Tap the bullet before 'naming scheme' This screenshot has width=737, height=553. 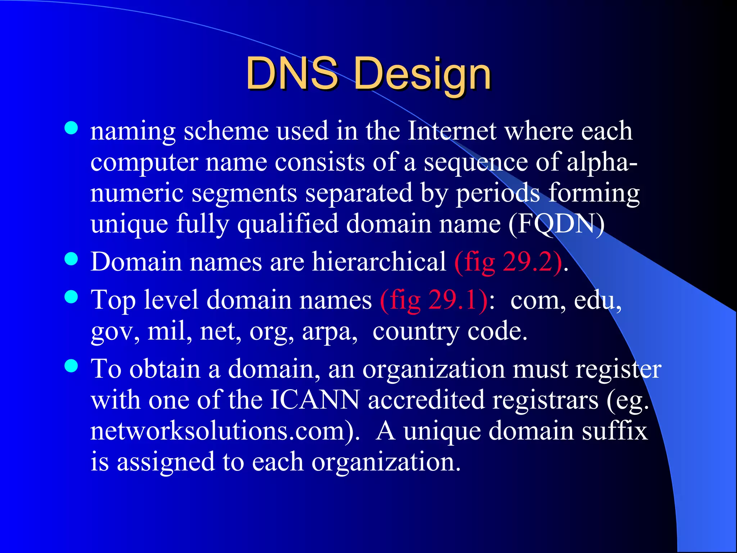[x=71, y=128]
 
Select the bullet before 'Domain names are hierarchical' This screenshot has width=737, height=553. [x=71, y=258]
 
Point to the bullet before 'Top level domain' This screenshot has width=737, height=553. [x=71, y=297]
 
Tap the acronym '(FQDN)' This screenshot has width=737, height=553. [x=556, y=224]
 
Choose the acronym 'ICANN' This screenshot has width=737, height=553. [x=315, y=400]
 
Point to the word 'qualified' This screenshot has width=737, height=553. [x=288, y=224]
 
